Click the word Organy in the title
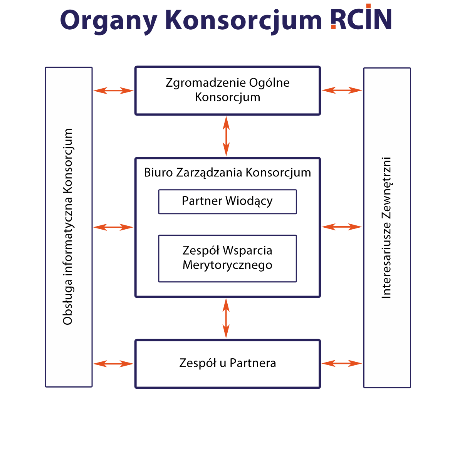click(x=109, y=21)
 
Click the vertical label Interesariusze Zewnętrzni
click(x=386, y=227)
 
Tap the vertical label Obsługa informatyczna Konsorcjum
click(x=68, y=227)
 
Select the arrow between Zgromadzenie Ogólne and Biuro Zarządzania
click(x=226, y=136)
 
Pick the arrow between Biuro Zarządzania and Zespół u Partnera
click(x=226, y=318)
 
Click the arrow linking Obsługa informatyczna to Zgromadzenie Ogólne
click(x=113, y=91)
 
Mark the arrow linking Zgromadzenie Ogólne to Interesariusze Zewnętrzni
click(x=342, y=90)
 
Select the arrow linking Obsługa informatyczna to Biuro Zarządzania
click(x=113, y=227)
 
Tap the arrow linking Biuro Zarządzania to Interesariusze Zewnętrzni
click(x=342, y=227)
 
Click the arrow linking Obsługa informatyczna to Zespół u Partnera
click(x=113, y=364)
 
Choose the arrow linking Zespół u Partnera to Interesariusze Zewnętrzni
click(x=342, y=363)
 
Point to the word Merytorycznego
click(x=227, y=265)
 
